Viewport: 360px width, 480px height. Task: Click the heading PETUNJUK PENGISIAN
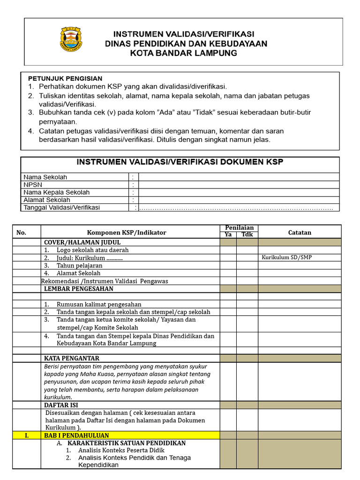[65, 78]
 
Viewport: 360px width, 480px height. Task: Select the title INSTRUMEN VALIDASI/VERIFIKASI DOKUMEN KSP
[180, 162]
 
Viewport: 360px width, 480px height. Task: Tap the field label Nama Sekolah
[45, 177]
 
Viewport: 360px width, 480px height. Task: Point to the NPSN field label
[33, 185]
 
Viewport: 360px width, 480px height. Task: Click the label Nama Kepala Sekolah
[57, 192]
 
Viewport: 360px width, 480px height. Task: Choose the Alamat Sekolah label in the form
[47, 200]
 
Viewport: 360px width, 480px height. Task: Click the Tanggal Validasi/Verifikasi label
[62, 207]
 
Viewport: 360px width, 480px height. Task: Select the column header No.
[22, 232]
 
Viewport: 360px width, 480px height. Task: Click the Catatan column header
[300, 232]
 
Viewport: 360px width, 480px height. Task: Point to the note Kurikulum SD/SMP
[287, 257]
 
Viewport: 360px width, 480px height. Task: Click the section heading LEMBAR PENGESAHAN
[78, 289]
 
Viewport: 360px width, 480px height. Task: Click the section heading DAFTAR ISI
[61, 405]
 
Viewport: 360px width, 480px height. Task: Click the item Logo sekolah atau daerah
[92, 250]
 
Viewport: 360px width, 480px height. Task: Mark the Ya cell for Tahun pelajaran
[228, 265]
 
